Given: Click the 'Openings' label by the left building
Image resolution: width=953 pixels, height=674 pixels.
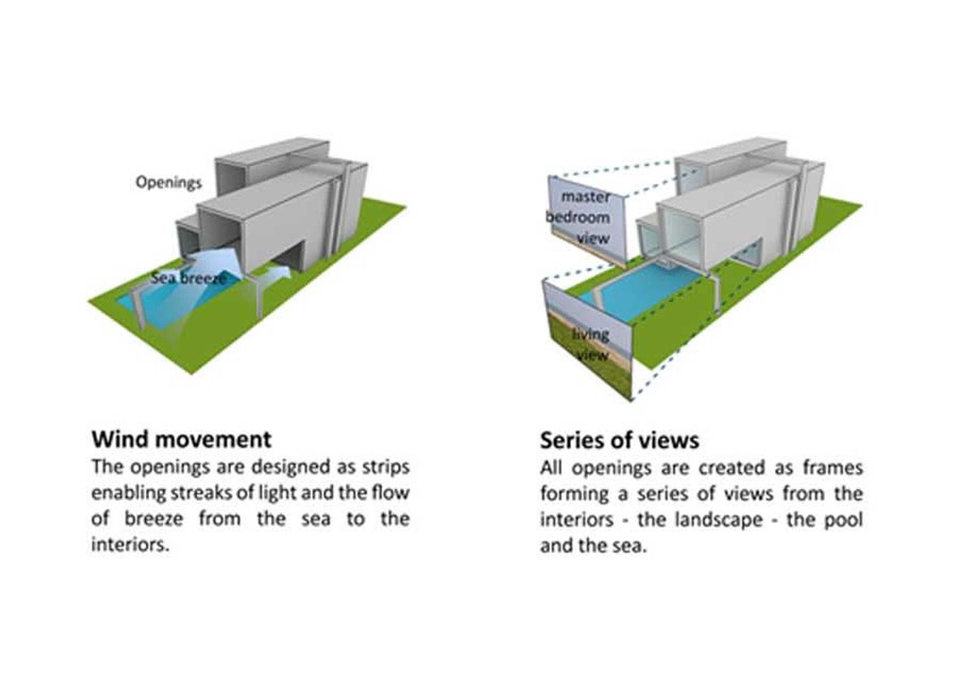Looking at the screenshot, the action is tap(169, 183).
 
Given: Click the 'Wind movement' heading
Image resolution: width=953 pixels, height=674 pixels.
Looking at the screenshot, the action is tap(181, 439).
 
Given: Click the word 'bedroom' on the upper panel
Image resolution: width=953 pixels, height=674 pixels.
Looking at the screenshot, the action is tap(578, 217).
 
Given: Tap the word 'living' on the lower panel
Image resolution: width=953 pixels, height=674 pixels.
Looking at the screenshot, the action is tap(591, 335).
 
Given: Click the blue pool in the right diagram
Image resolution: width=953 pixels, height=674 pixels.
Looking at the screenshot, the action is tap(639, 291).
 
